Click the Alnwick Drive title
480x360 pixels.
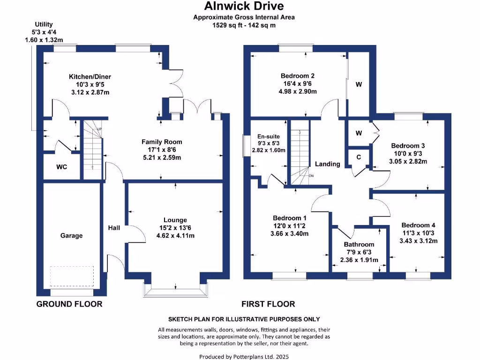click(244, 6)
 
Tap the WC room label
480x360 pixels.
click(62, 166)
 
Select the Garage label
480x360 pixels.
click(71, 235)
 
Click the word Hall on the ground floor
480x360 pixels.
click(114, 228)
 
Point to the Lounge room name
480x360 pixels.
click(175, 220)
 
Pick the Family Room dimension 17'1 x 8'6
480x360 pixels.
click(162, 150)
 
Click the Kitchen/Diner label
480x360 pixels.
click(90, 77)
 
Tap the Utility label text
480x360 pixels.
click(44, 24)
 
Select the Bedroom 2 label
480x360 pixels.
click(297, 76)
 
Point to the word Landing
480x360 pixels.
click(327, 164)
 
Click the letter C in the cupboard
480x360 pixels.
click(359, 157)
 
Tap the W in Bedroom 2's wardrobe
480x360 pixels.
click(359, 84)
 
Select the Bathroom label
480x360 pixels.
click(359, 244)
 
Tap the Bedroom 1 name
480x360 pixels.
click(289, 218)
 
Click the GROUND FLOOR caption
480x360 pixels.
click(69, 304)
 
